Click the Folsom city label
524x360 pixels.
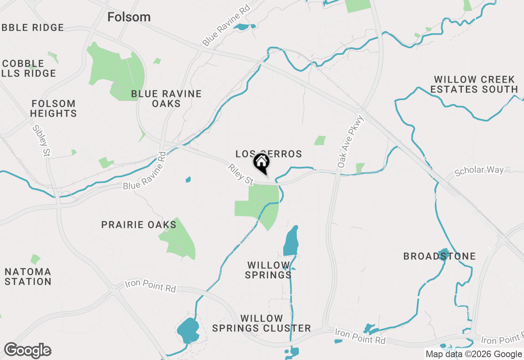click(129, 17)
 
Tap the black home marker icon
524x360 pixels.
click(261, 162)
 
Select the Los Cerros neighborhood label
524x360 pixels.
click(269, 154)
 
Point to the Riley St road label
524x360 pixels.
click(240, 174)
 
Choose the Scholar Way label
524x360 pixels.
click(479, 170)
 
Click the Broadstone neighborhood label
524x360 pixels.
click(440, 256)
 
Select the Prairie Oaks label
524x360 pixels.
click(139, 225)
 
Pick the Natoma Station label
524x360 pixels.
click(28, 277)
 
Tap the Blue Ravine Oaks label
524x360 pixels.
click(166, 99)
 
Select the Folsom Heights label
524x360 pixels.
click(53, 108)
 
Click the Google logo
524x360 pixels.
click(27, 351)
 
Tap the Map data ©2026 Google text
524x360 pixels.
click(473, 354)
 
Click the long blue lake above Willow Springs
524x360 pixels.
click(291, 241)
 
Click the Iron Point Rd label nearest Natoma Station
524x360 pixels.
click(150, 286)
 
